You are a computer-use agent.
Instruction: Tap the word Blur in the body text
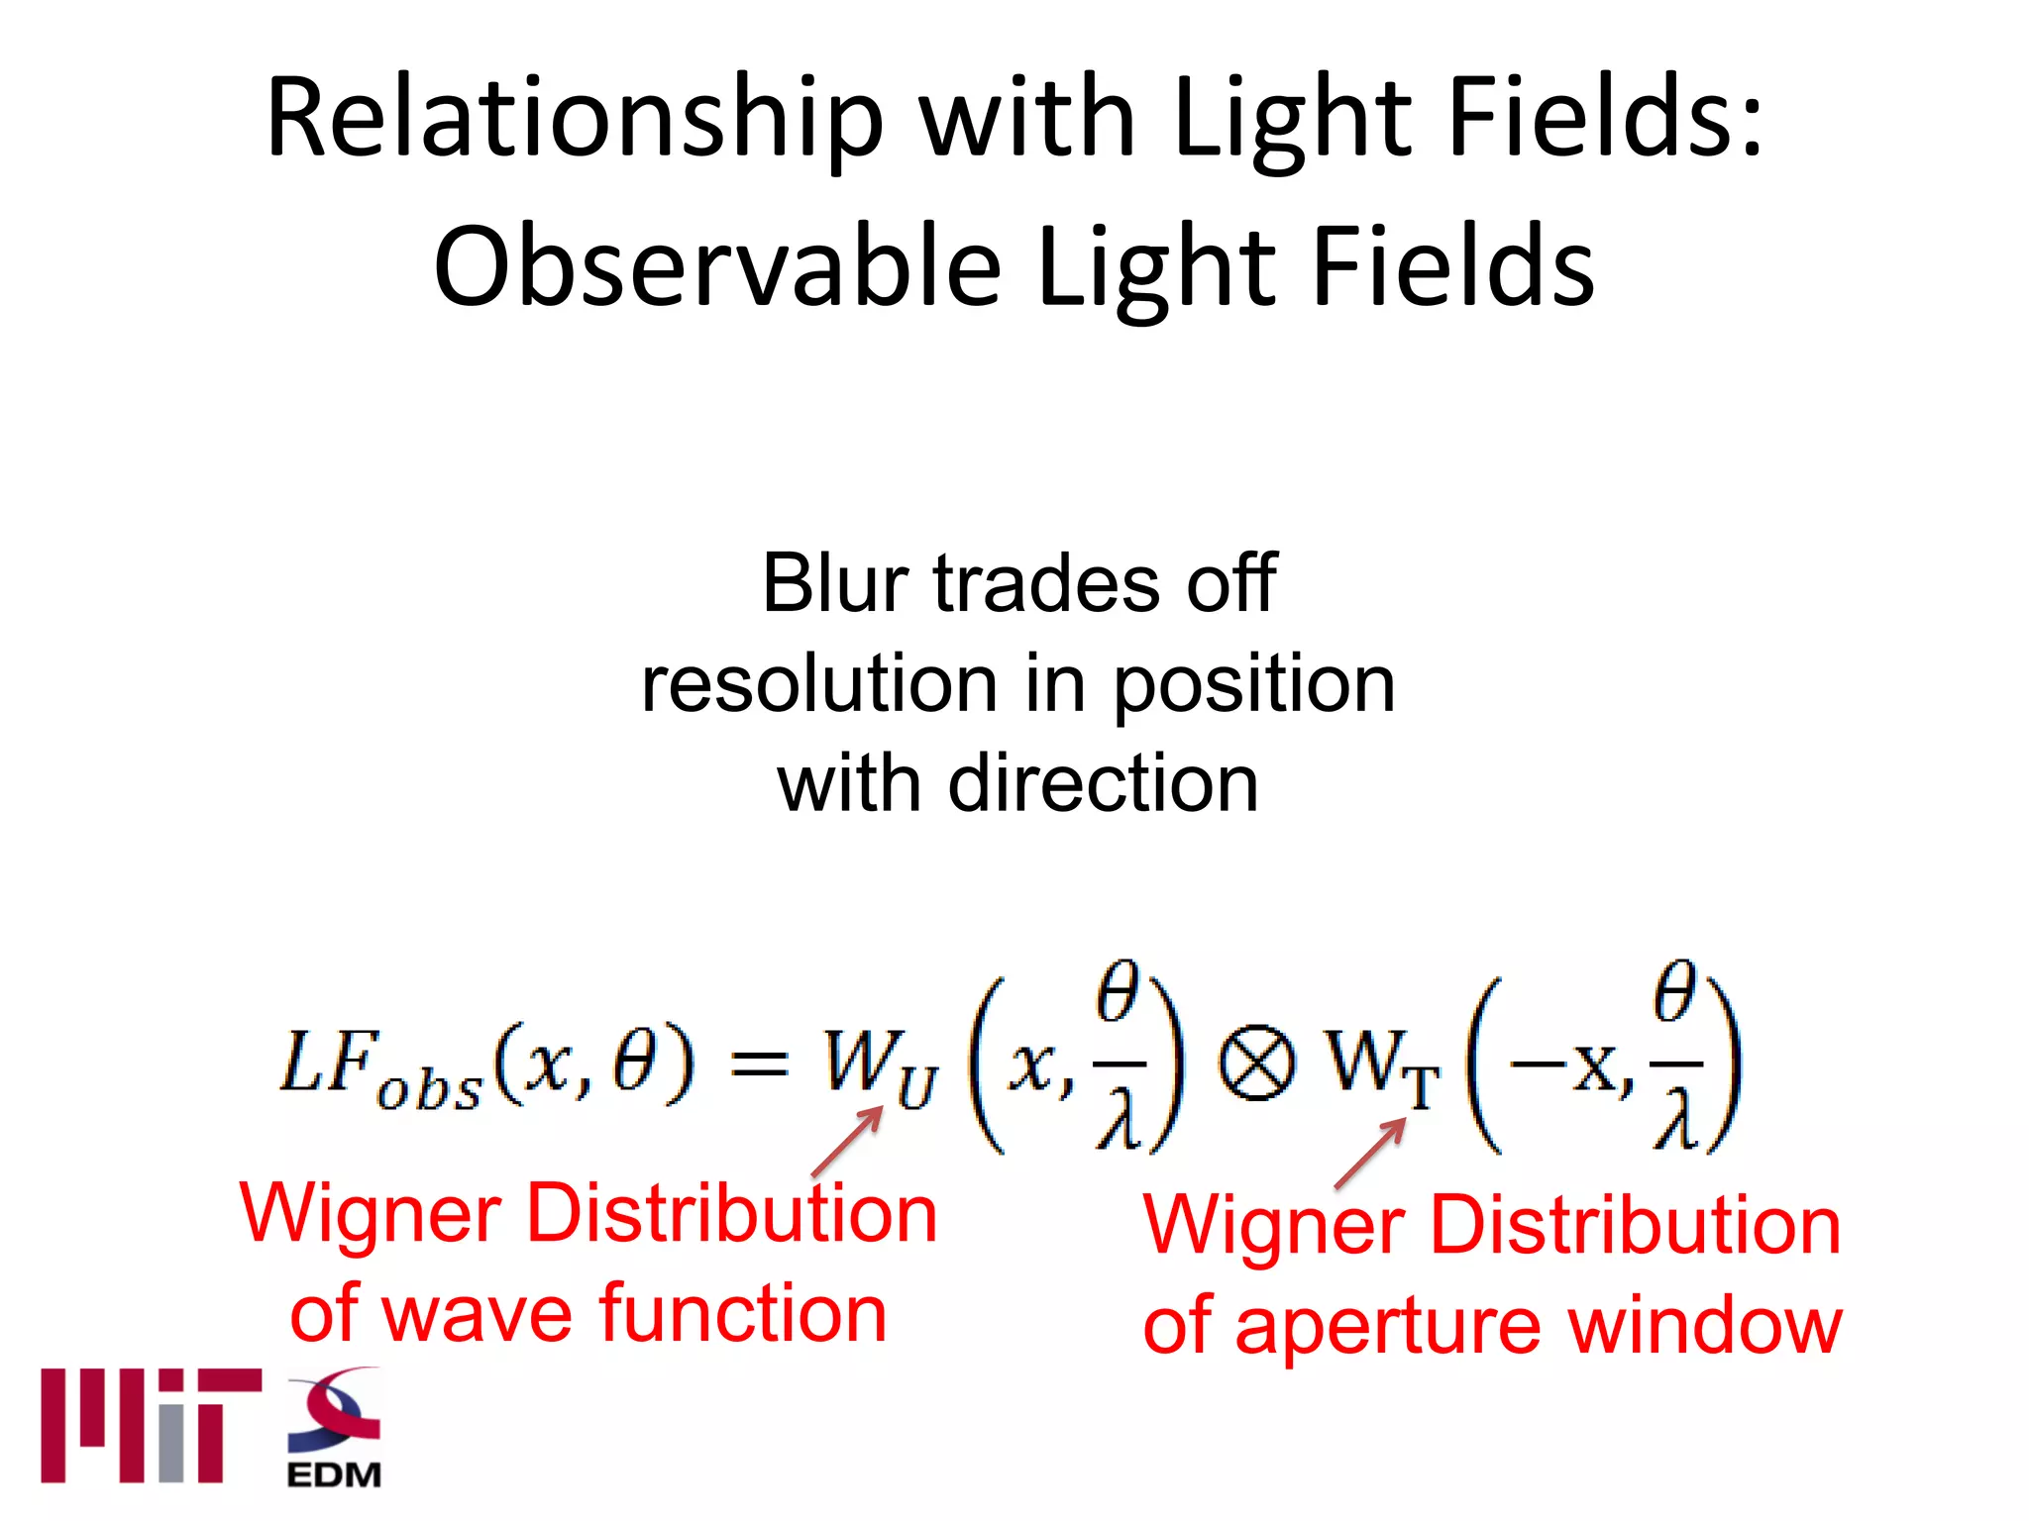(834, 584)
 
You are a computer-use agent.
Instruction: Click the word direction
(1103, 784)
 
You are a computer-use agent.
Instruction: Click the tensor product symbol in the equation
(1256, 1065)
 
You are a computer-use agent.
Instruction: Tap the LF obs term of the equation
(381, 1069)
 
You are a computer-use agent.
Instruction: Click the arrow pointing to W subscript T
(1371, 1153)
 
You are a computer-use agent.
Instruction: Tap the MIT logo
(151, 1426)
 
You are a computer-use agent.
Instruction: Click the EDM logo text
(334, 1475)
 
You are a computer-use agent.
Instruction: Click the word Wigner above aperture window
(1274, 1226)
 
